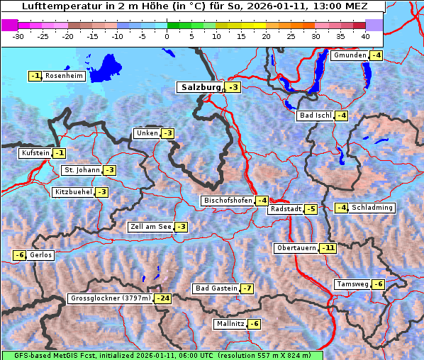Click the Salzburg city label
pyautogui.click(x=199, y=87)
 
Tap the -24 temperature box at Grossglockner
pyautogui.click(x=163, y=298)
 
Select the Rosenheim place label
pyautogui.click(x=64, y=76)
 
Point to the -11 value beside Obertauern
pyautogui.click(x=328, y=248)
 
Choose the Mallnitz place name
pyautogui.click(x=230, y=324)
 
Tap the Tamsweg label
pyautogui.click(x=352, y=284)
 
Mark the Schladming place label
pyautogui.click(x=372, y=208)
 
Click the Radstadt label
pyautogui.click(x=286, y=209)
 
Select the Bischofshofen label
pyautogui.click(x=228, y=201)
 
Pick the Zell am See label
pyautogui.click(x=150, y=227)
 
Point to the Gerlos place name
pyautogui.click(x=41, y=255)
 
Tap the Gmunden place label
pyautogui.click(x=350, y=55)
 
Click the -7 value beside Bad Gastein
pyautogui.click(x=247, y=288)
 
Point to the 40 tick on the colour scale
pyautogui.click(x=365, y=36)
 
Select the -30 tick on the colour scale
pyautogui.click(x=18, y=36)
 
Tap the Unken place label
pyautogui.click(x=147, y=133)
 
